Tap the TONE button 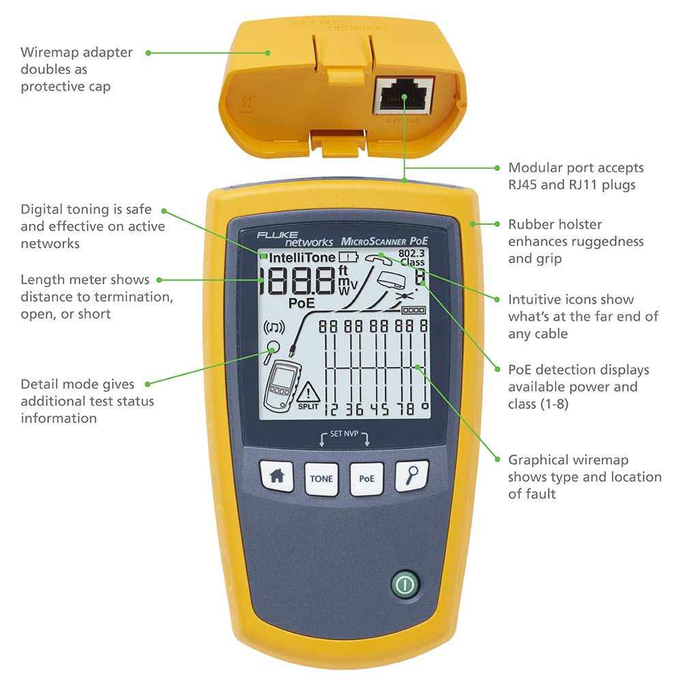(321, 478)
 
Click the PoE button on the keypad (367, 478)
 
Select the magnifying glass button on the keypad (412, 477)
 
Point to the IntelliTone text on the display (302, 257)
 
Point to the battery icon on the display (348, 257)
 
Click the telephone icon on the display (376, 258)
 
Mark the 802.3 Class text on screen (412, 257)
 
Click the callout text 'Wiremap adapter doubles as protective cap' (76, 69)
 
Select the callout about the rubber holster (575, 241)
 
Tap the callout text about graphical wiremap (584, 477)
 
